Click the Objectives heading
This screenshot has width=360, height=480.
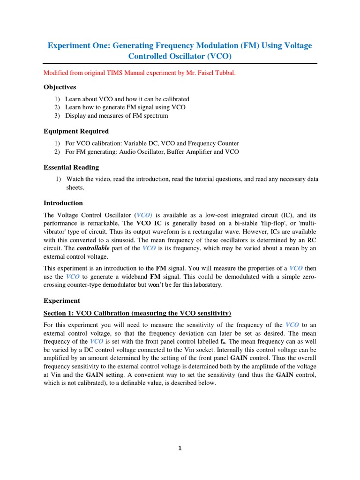(x=60, y=87)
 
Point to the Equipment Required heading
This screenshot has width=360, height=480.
(x=76, y=131)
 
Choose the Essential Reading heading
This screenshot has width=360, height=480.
(x=71, y=167)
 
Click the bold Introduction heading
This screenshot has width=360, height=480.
(x=63, y=203)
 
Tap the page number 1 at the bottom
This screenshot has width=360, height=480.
(x=180, y=448)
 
